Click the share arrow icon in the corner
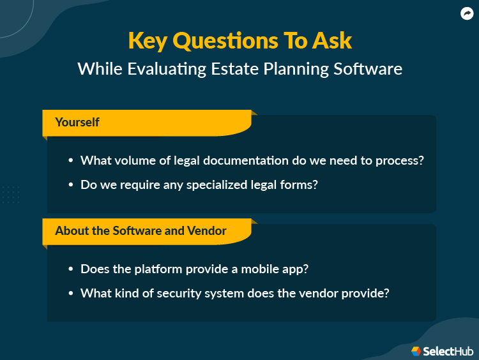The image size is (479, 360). pos(467,13)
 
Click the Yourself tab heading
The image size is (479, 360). pos(77,122)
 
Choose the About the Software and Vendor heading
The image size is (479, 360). pos(141,230)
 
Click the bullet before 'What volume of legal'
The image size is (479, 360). pos(70,161)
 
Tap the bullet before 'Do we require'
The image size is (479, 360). pos(70,185)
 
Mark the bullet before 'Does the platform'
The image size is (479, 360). pos(70,269)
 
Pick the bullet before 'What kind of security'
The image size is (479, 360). pos(70,294)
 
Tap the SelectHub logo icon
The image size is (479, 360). pos(416,351)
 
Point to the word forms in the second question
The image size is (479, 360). pos(301,185)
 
